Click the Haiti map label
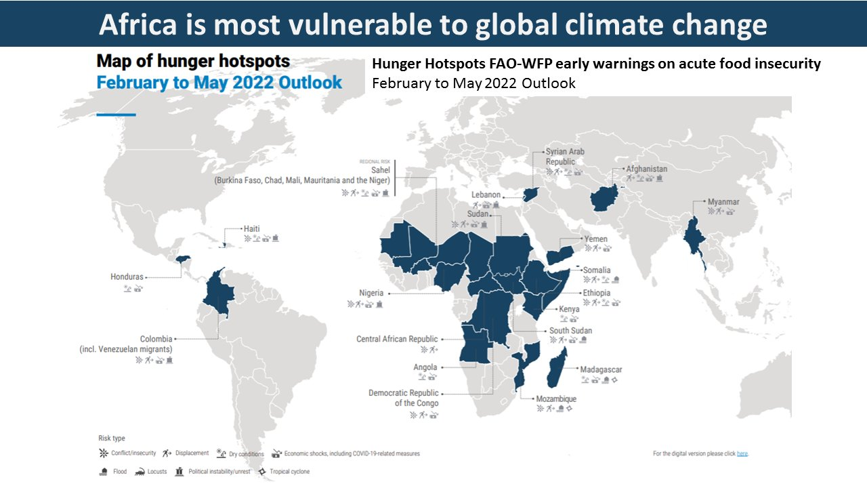pyautogui.click(x=251, y=229)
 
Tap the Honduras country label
pyautogui.click(x=127, y=277)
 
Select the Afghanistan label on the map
pyautogui.click(x=646, y=169)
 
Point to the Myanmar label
pyautogui.click(x=723, y=202)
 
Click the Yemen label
pyautogui.click(x=596, y=239)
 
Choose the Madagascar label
pyautogui.click(x=601, y=370)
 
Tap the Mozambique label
pyautogui.click(x=556, y=399)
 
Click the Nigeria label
pyautogui.click(x=371, y=293)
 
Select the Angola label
pyautogui.click(x=425, y=367)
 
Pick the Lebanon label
pyautogui.click(x=486, y=195)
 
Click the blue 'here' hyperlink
pyautogui.click(x=742, y=453)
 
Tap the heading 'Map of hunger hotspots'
pyautogui.click(x=193, y=62)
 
